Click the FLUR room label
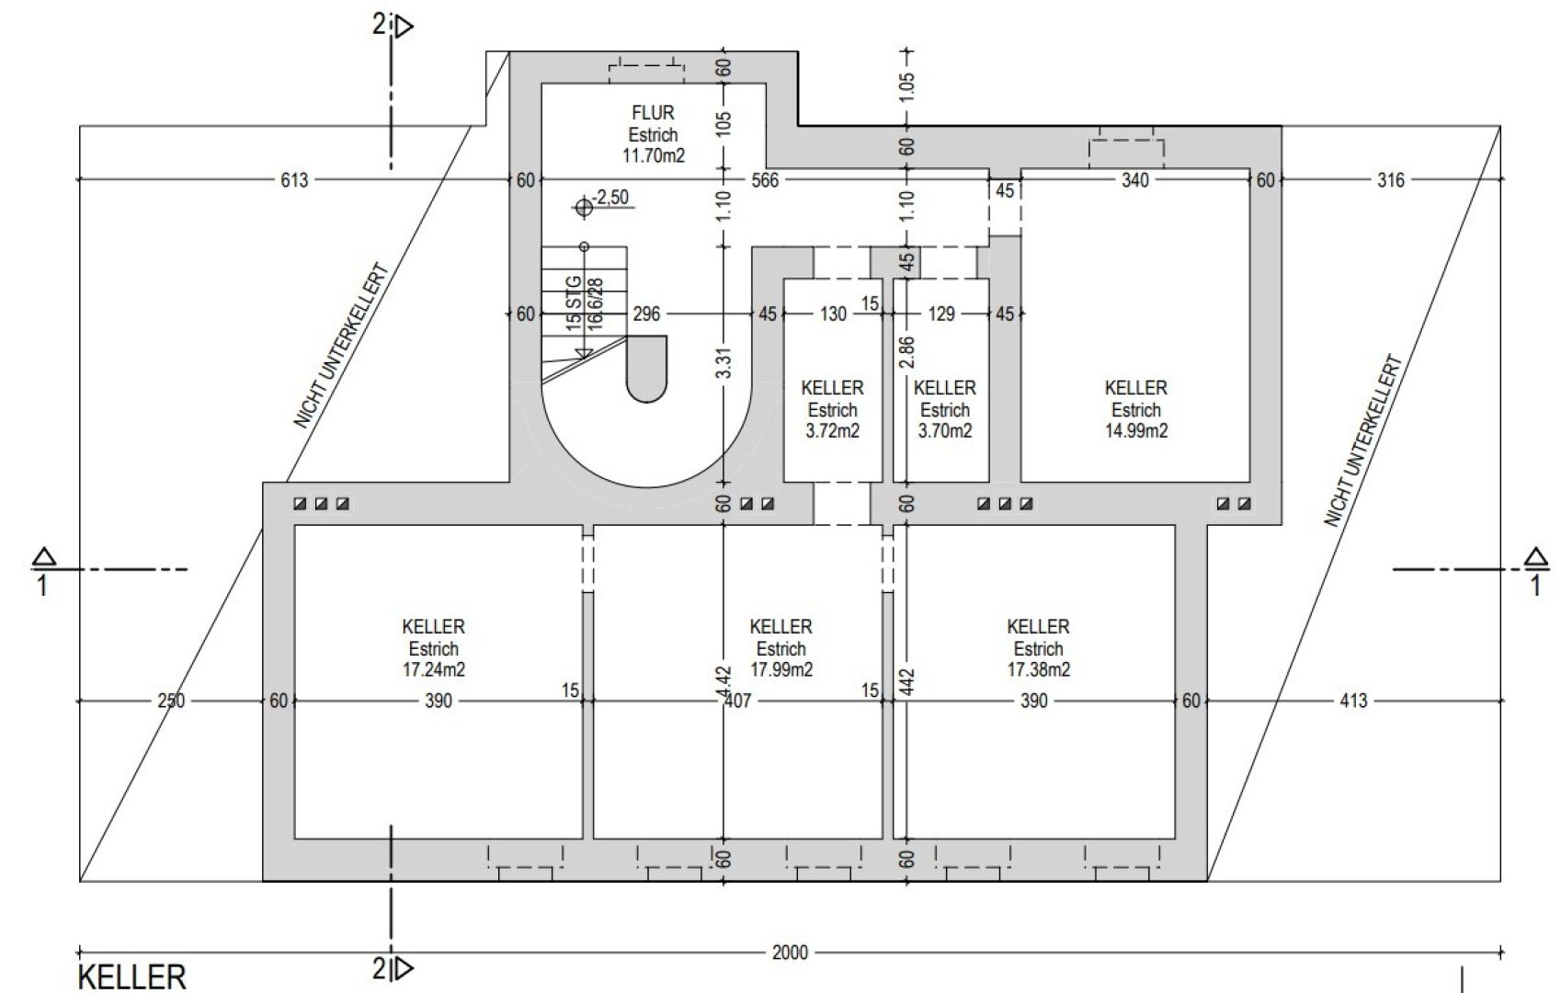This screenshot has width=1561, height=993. [x=653, y=112]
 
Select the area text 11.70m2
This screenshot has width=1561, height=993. [x=654, y=154]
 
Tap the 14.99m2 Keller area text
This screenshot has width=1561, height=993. [x=1136, y=430]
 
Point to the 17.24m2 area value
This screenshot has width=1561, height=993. [x=433, y=669]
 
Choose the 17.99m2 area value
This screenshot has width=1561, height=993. [x=781, y=669]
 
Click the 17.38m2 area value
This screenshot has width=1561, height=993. [x=1038, y=669]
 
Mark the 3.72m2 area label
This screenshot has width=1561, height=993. [x=833, y=430]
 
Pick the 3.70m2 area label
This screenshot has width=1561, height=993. [x=945, y=430]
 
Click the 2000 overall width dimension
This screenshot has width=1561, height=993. [x=790, y=953]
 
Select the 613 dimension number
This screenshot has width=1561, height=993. [x=294, y=180]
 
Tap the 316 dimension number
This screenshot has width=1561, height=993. [x=1390, y=180]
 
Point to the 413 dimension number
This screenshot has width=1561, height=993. [x=1353, y=701]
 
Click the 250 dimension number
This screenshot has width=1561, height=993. [x=171, y=701]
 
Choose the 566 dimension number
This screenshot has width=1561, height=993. [x=765, y=180]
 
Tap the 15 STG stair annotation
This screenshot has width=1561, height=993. [x=573, y=303]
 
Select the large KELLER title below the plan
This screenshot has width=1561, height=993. [x=132, y=977]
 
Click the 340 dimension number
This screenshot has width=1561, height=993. [x=1134, y=180]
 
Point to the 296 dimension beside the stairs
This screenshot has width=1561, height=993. [x=646, y=314]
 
